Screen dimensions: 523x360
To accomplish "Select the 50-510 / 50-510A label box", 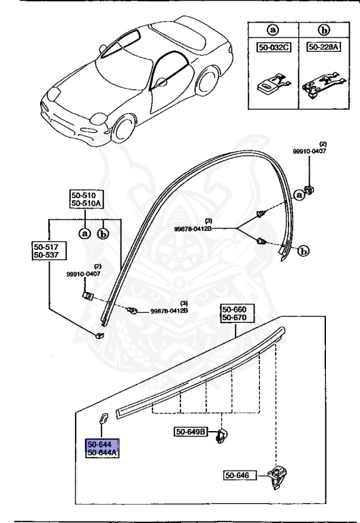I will tap(86, 198).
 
